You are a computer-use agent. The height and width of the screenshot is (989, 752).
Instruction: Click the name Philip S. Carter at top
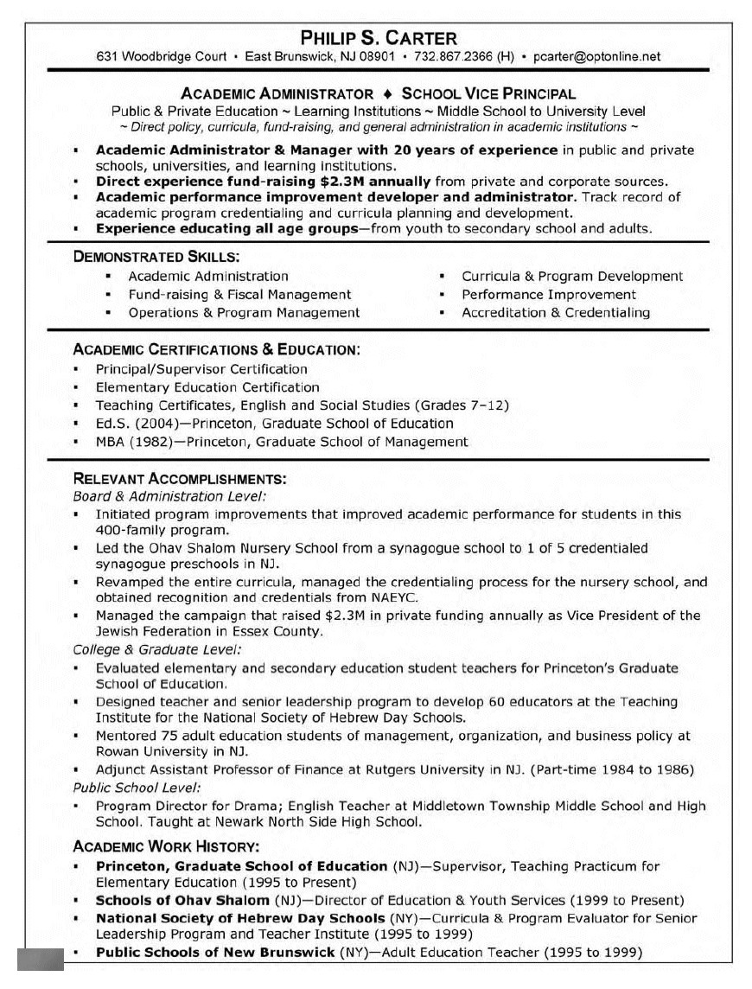point(379,38)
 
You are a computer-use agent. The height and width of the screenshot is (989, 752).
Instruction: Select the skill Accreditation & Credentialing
point(556,313)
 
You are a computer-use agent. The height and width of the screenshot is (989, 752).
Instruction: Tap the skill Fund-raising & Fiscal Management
point(239,295)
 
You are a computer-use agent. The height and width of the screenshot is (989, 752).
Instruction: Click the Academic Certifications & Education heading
point(216,349)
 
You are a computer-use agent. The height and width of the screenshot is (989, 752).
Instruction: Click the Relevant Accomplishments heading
point(180,478)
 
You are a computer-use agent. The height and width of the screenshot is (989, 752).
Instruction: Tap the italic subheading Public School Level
point(137,788)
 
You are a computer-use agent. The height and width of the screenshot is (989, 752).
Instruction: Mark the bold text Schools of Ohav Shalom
point(182,900)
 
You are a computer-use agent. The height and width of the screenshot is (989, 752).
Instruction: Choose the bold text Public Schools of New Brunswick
point(215,953)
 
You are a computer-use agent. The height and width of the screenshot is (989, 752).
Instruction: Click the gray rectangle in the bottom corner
point(40,960)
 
